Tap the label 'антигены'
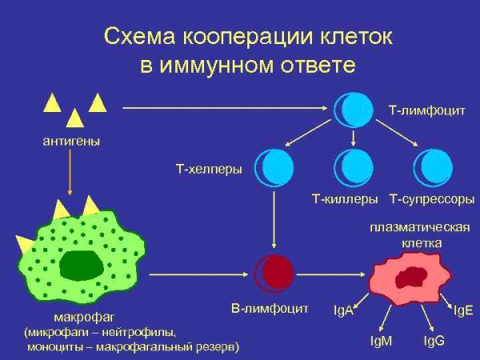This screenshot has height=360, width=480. pyautogui.click(x=71, y=142)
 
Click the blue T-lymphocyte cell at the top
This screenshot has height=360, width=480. pyautogui.click(x=354, y=110)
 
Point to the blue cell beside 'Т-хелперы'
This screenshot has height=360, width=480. pyautogui.click(x=274, y=167)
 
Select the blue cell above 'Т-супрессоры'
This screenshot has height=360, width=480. pyautogui.click(x=432, y=167)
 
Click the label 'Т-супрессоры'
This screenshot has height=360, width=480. pyautogui.click(x=432, y=198)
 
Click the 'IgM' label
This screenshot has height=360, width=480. pyautogui.click(x=382, y=341)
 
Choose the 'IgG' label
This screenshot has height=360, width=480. pyautogui.click(x=434, y=341)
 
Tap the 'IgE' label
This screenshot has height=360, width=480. pyautogui.click(x=463, y=310)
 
